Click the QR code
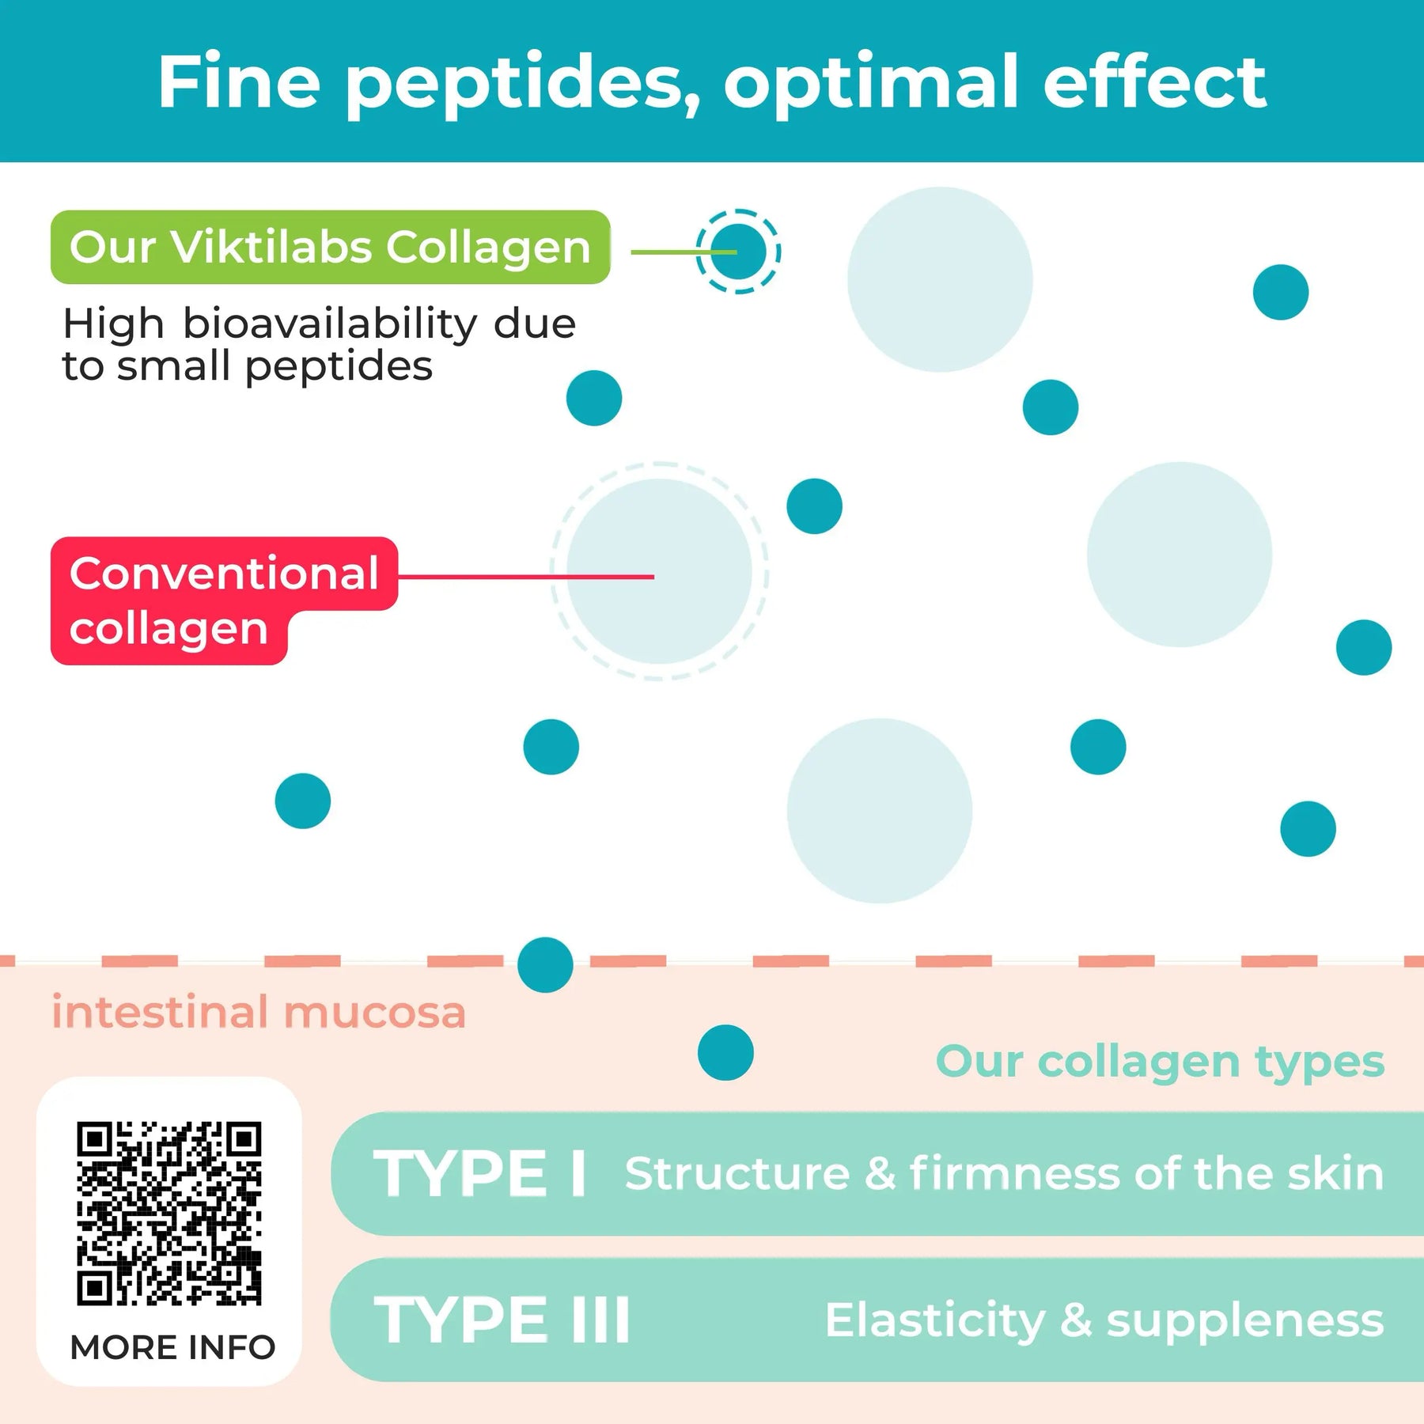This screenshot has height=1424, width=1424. (169, 1213)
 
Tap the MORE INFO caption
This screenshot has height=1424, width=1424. (172, 1347)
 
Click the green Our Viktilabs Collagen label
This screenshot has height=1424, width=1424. (330, 247)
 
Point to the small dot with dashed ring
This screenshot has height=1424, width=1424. (738, 252)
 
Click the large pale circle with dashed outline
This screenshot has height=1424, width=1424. (659, 571)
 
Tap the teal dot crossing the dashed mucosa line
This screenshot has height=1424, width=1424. (545, 964)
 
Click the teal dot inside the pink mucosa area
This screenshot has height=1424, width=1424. (725, 1052)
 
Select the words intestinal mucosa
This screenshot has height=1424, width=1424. (259, 1013)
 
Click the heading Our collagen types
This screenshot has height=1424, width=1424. (1160, 1061)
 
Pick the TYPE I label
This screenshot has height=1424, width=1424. (479, 1174)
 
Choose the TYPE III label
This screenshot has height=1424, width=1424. (502, 1320)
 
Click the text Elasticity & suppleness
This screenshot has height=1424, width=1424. (1104, 1320)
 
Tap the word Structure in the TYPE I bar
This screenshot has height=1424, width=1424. (737, 1173)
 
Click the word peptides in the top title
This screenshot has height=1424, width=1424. (522, 83)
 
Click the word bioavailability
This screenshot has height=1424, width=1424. (330, 324)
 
